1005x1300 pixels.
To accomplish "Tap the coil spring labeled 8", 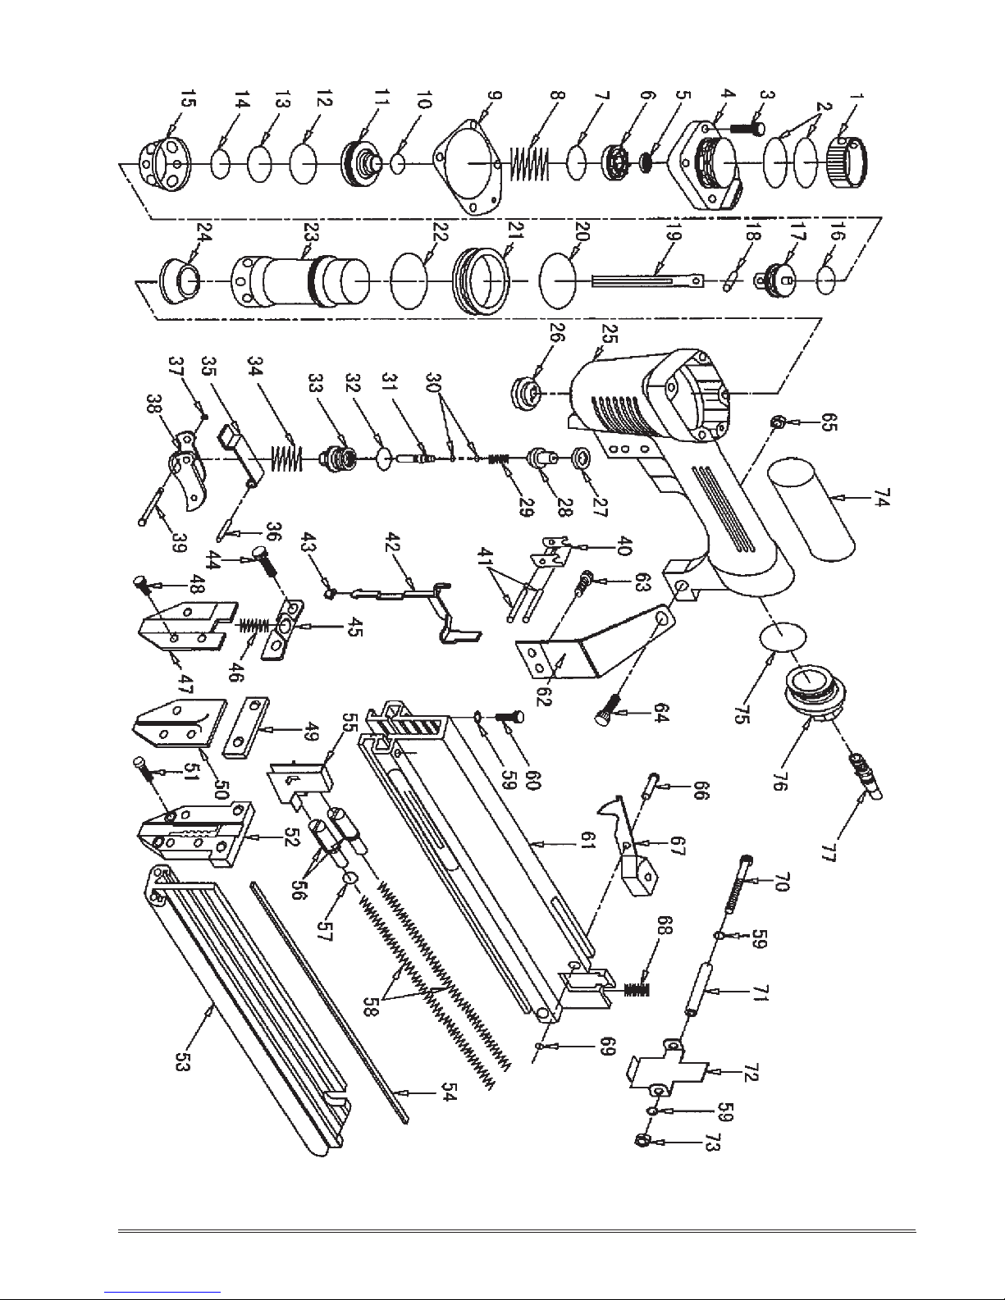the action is (528, 162).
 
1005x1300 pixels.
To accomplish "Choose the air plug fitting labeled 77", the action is (867, 778).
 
